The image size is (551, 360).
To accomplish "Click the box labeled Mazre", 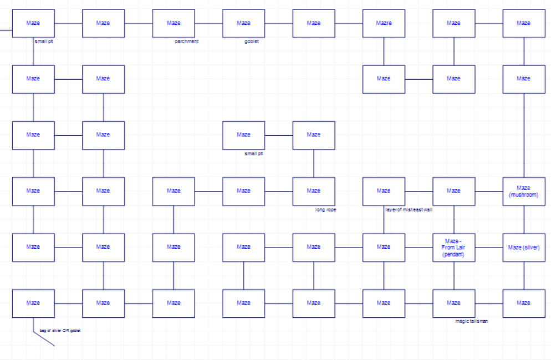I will click(384, 23).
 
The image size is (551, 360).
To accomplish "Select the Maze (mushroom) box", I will click(524, 191).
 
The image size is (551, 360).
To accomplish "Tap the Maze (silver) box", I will click(524, 247).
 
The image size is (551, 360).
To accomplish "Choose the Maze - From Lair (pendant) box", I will click(453, 247).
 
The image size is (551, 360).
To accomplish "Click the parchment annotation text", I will click(186, 42).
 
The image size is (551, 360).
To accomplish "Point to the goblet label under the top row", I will click(252, 42).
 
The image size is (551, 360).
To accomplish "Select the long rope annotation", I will click(325, 210).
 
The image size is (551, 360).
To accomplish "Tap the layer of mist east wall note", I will click(409, 209).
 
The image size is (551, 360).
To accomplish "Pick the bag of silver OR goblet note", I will click(60, 331).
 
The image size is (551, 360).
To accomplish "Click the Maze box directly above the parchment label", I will click(174, 23).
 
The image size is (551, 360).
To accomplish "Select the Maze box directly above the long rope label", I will click(314, 191).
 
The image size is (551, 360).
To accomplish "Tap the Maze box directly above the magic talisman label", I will click(453, 303).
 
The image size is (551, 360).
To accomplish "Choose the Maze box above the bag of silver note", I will click(33, 303).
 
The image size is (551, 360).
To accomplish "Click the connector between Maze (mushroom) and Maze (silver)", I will click(524, 219).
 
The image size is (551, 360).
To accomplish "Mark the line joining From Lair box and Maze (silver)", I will click(489, 247).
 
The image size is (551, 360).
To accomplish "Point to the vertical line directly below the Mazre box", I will click(384, 51).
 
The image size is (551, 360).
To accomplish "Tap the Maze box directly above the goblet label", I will click(243, 23).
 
